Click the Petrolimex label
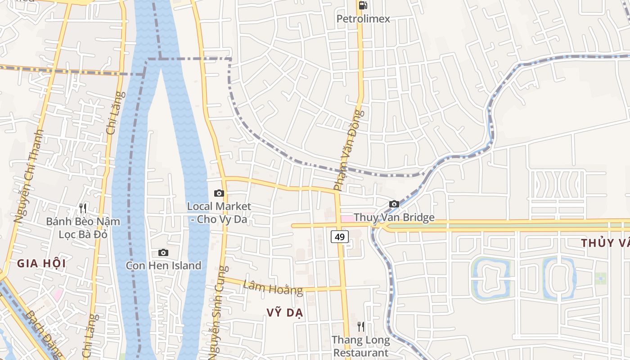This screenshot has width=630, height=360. click(x=364, y=19)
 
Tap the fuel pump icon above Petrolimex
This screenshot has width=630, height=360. click(x=363, y=5)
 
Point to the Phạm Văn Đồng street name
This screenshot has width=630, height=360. click(x=348, y=149)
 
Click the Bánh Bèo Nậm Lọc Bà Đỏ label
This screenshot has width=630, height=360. click(x=83, y=228)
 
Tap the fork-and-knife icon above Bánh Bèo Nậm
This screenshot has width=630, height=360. click(x=83, y=208)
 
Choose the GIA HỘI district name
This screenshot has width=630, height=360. click(x=41, y=264)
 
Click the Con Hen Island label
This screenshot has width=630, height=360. click(x=163, y=265)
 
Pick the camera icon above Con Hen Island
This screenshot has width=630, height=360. click(x=163, y=253)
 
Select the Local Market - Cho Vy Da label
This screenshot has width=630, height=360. click(x=219, y=213)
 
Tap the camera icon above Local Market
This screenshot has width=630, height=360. click(x=219, y=193)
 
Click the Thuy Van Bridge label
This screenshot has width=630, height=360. click(x=394, y=218)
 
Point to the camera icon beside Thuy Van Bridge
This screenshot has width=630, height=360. click(x=394, y=204)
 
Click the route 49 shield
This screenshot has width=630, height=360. click(x=340, y=236)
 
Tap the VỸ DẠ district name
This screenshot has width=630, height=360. click(x=285, y=313)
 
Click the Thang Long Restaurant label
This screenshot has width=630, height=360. click(x=361, y=346)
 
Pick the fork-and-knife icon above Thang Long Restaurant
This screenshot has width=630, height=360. click(x=361, y=327)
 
